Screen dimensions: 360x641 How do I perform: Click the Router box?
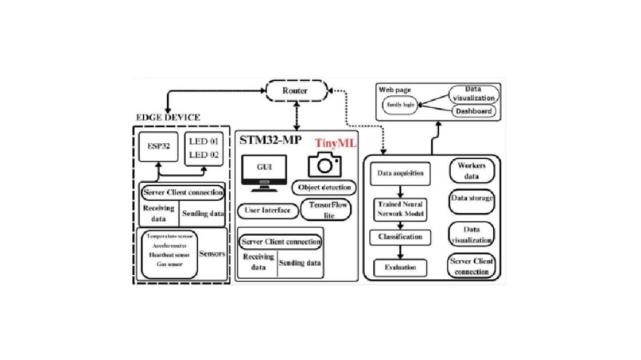[x=295, y=91]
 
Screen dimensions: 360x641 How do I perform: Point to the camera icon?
[x=324, y=165]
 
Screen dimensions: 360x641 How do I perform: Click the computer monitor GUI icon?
[x=263, y=172]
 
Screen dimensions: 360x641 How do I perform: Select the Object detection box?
[x=324, y=188]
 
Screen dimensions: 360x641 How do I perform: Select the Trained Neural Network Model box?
[x=402, y=209]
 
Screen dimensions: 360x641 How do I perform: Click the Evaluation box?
[x=402, y=268]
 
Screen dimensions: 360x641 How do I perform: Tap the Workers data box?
[x=472, y=171]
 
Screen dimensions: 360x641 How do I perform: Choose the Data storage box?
[x=472, y=200]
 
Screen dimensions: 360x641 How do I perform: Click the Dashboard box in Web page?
[x=472, y=111]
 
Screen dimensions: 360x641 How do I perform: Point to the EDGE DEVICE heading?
[x=168, y=118]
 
